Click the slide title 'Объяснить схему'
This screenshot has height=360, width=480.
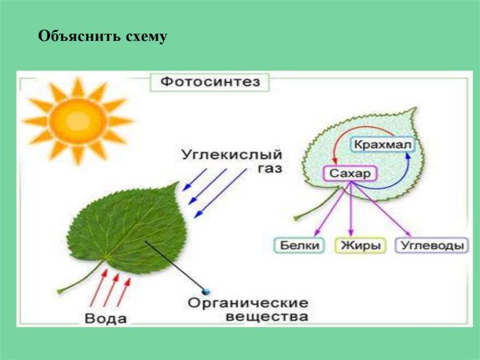point(102,37)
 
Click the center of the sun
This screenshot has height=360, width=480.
point(77,121)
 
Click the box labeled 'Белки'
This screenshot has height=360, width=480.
point(300,246)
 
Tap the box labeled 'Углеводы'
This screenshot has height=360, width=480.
point(432,246)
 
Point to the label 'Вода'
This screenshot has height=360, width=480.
point(104,318)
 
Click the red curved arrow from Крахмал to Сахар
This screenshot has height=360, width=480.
point(330,149)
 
